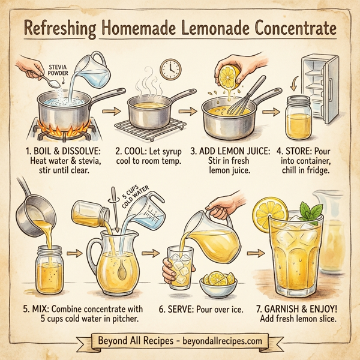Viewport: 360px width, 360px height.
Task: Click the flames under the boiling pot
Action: coord(60,128)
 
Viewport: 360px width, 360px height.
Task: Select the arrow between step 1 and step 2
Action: coord(109,112)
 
